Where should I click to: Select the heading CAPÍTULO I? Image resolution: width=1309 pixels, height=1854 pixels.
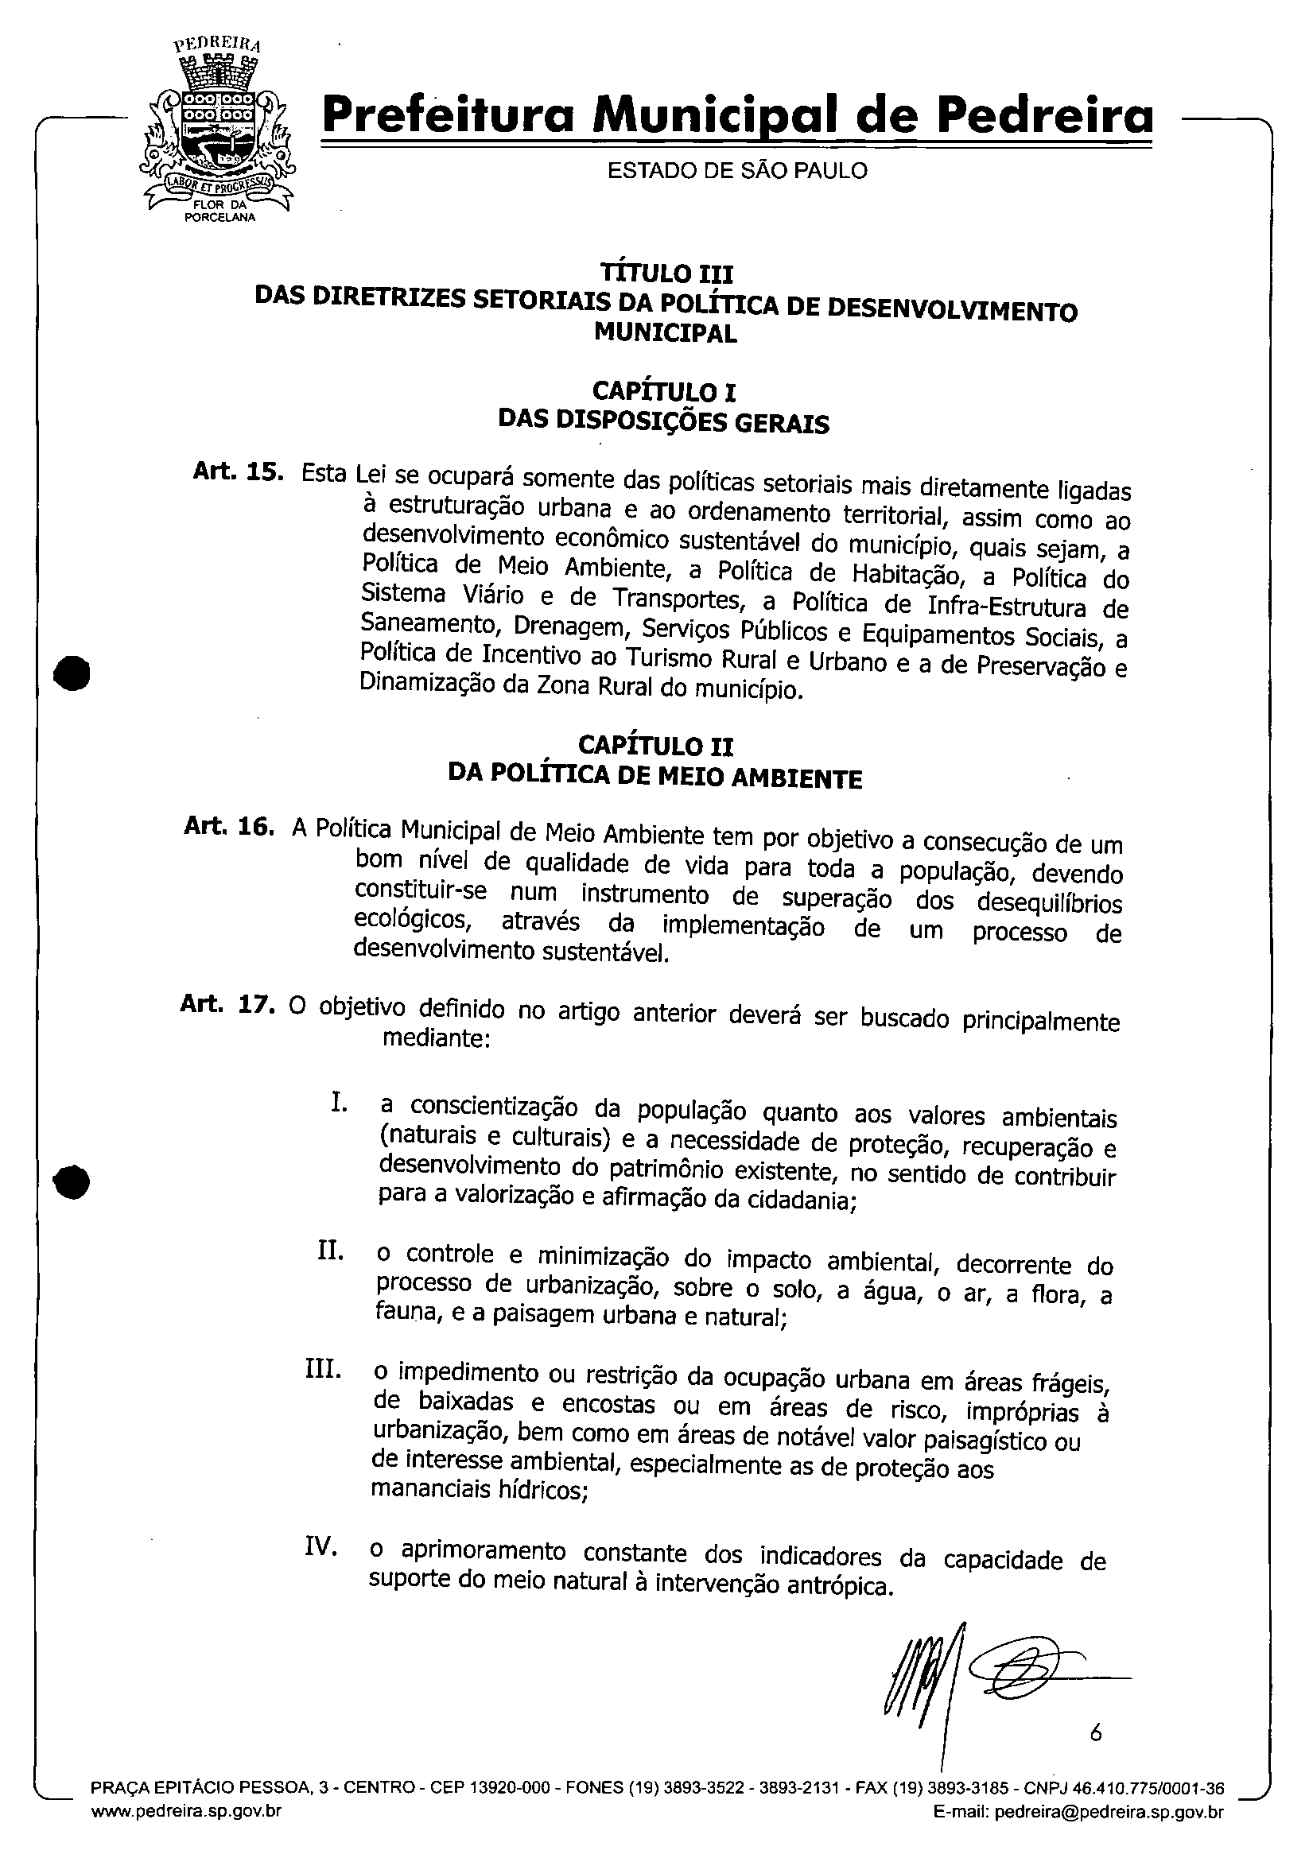click(x=664, y=394)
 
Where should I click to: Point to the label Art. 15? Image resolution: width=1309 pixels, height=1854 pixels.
click(x=238, y=471)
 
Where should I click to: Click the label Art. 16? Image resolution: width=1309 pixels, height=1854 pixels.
click(x=229, y=826)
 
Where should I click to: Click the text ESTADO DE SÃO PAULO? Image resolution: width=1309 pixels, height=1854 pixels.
click(x=736, y=171)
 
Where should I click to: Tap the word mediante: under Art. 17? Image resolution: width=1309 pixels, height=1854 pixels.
click(x=436, y=1038)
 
